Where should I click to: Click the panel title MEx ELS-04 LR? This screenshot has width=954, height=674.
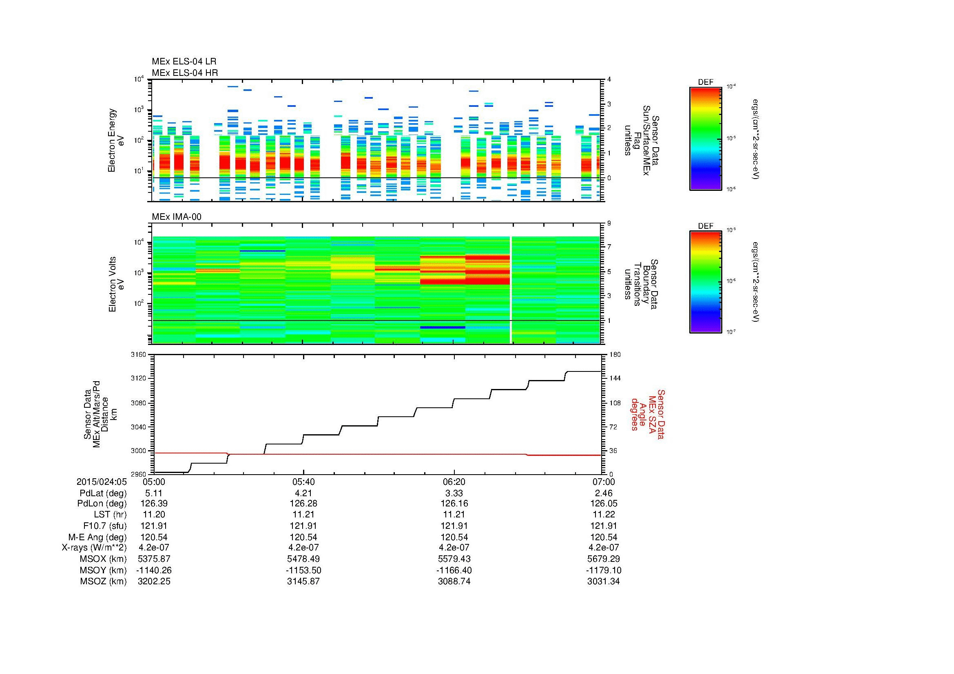[x=184, y=62]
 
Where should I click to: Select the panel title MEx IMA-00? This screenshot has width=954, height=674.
[x=177, y=217]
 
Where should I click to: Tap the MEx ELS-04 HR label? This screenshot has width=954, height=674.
[x=184, y=73]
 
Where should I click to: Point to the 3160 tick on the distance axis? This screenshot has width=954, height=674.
[x=138, y=354]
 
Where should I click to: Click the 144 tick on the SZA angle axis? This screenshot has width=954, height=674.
[x=614, y=378]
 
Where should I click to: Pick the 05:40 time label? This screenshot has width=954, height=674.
[x=303, y=482]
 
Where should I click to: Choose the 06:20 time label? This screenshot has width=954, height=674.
[x=454, y=482]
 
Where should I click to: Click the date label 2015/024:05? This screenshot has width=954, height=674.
[x=102, y=482]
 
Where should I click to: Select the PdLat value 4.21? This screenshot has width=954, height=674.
[x=303, y=493]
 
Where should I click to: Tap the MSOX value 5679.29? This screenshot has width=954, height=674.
[x=603, y=559]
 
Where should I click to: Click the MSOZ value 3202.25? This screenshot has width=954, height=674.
[x=154, y=581]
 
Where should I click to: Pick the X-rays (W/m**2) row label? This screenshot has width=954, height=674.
[x=94, y=548]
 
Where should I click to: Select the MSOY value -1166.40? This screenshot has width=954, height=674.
[x=454, y=570]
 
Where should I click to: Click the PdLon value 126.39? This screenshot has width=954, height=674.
[x=154, y=504]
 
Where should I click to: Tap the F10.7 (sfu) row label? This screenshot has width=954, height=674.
[x=105, y=526]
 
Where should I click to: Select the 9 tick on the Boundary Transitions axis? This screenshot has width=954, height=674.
[x=609, y=223]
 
